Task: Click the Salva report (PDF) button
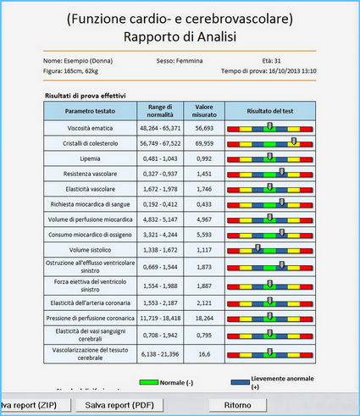click(x=119, y=405)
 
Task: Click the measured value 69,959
click(x=204, y=143)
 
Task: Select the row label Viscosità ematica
click(x=90, y=128)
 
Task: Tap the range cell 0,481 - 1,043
click(x=160, y=158)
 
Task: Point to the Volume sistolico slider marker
click(x=258, y=247)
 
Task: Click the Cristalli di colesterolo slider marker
click(x=294, y=141)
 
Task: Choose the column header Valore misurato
click(x=204, y=111)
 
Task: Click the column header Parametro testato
click(x=90, y=111)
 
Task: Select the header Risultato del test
click(x=270, y=111)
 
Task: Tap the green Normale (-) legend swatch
click(x=149, y=382)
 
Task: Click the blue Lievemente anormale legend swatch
click(x=241, y=382)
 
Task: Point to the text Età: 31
click(x=271, y=61)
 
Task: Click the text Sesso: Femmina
click(x=180, y=61)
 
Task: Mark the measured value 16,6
click(x=204, y=354)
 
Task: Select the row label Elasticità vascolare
click(x=91, y=189)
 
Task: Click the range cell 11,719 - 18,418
click(x=160, y=319)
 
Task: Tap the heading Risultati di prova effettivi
click(x=86, y=96)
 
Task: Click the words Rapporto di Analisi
click(x=180, y=36)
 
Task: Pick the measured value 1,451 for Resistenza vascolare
click(x=204, y=174)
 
